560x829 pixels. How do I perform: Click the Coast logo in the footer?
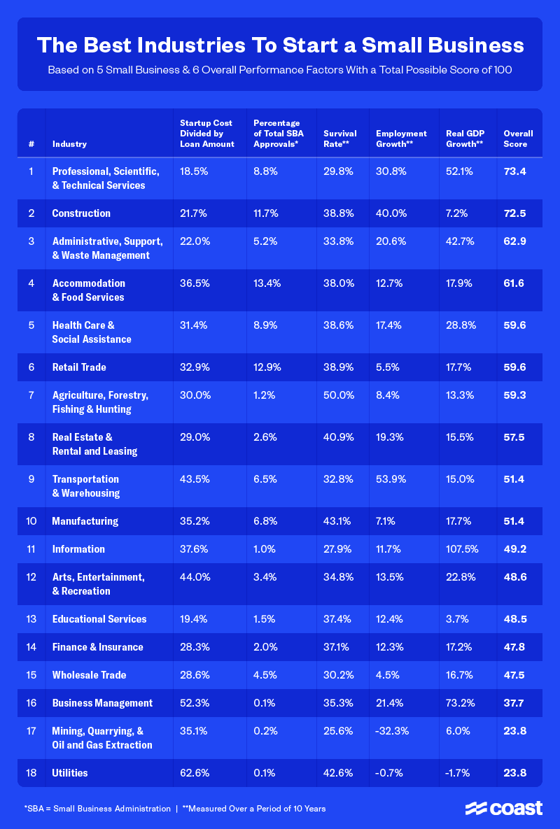(x=504, y=808)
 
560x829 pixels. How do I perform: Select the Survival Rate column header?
(x=339, y=139)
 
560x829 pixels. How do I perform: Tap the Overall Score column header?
(x=518, y=139)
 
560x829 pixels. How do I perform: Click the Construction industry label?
(x=81, y=213)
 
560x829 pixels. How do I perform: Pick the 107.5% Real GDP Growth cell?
(x=462, y=549)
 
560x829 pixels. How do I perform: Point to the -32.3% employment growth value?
(x=393, y=731)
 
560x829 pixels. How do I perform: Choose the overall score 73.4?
(x=514, y=171)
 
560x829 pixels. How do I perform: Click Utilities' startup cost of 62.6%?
(x=195, y=773)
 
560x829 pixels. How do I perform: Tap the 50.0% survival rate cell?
(x=337, y=395)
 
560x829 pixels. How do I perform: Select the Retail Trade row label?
(x=79, y=367)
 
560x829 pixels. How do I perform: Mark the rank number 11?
(x=31, y=549)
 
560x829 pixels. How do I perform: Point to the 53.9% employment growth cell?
(x=391, y=479)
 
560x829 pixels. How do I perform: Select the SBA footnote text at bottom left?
(x=97, y=809)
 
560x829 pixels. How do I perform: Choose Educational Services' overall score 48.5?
(x=514, y=619)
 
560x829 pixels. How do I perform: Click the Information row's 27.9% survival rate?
(x=337, y=549)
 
